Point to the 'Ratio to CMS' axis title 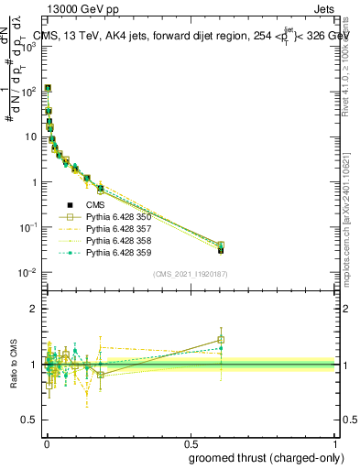14,365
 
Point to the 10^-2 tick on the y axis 27,272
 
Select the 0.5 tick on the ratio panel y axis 29,420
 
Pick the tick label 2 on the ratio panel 34,309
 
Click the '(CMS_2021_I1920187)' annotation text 190,273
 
